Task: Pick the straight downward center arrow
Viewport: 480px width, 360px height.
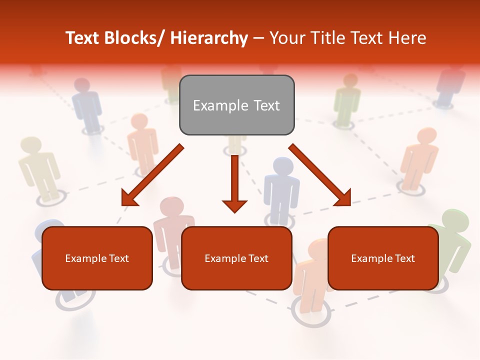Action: click(x=234, y=182)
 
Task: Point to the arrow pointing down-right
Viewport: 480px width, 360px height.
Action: click(x=320, y=175)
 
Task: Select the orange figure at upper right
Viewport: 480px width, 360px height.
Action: click(x=418, y=155)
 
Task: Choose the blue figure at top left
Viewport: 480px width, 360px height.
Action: click(x=88, y=105)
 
